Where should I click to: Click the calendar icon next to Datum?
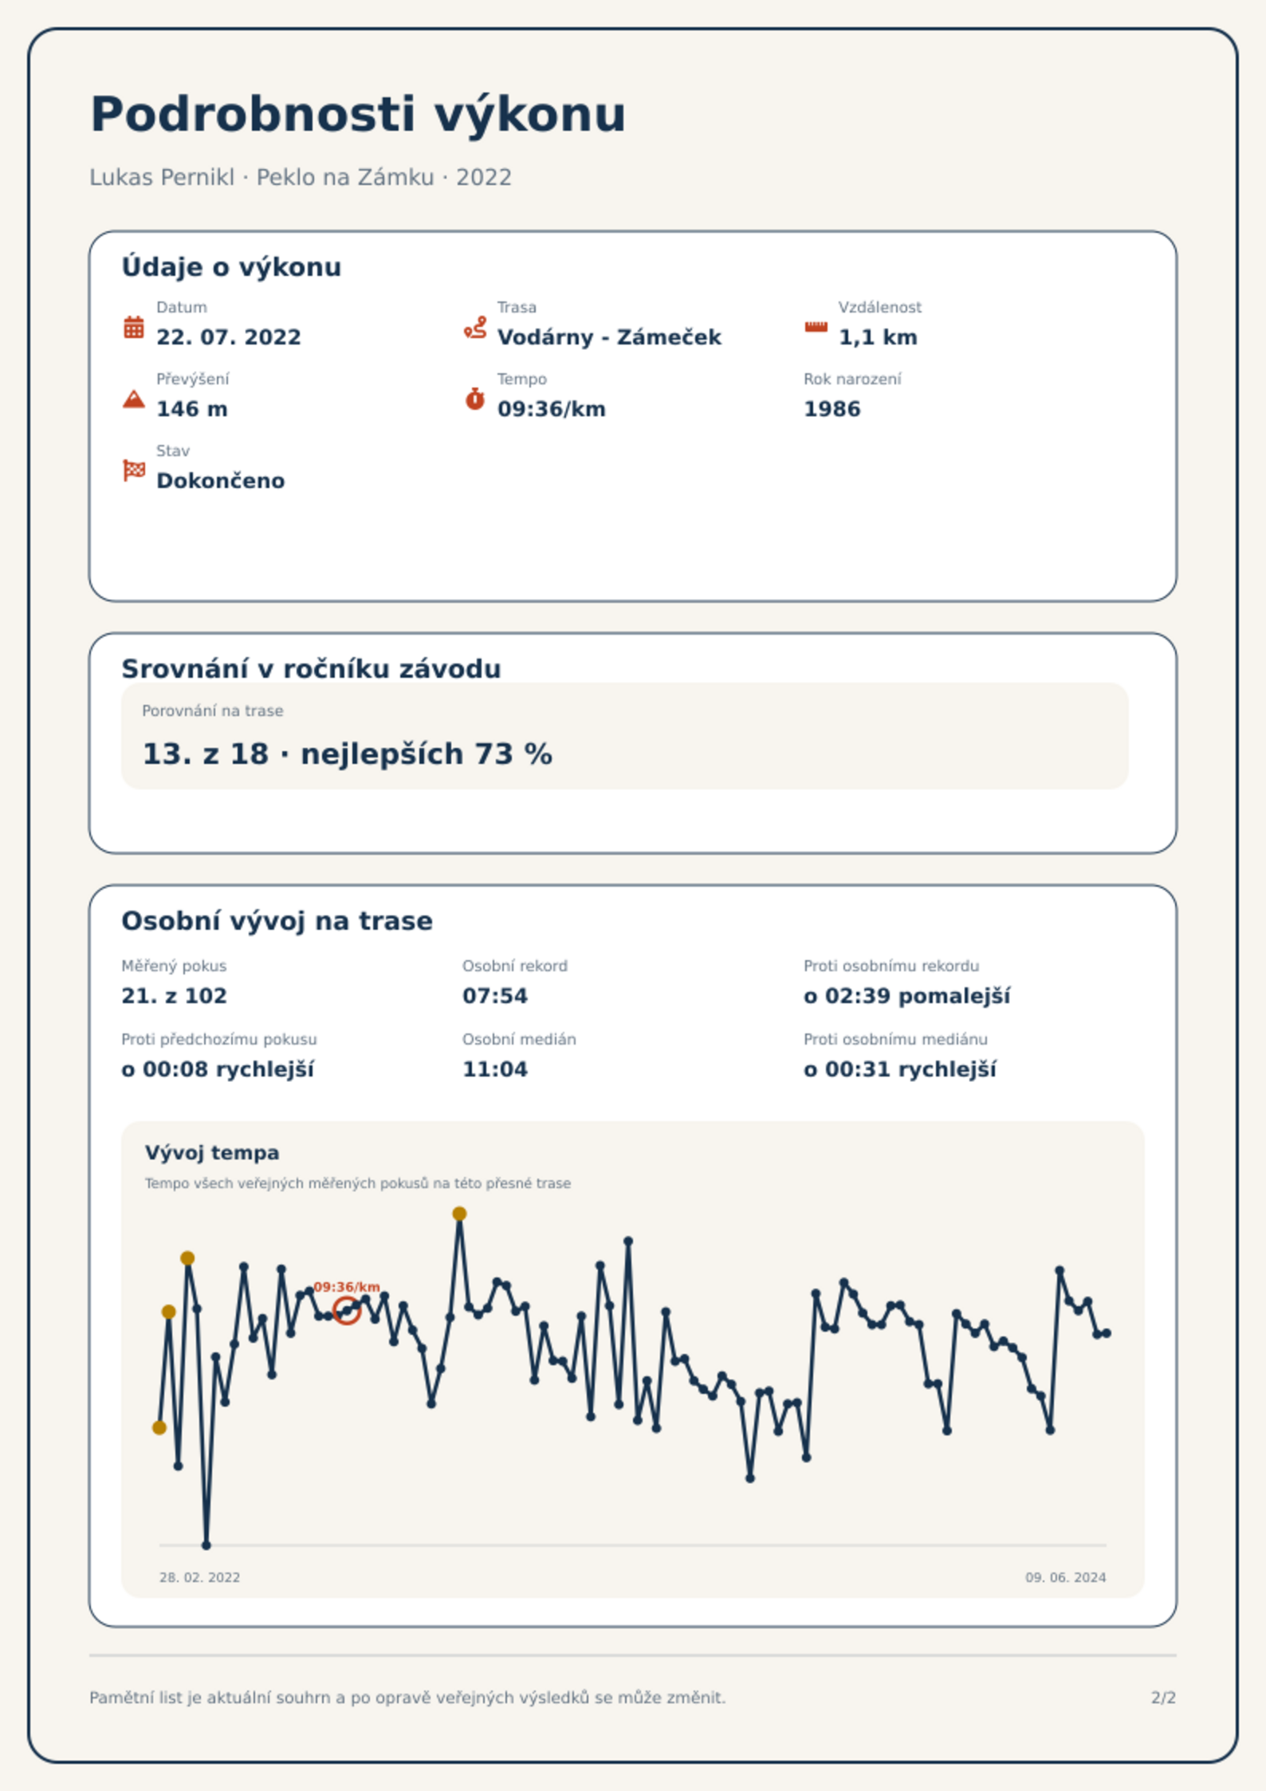click(134, 327)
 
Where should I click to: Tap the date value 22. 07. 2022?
click(229, 337)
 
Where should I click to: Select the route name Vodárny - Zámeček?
click(609, 337)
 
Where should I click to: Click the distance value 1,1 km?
click(878, 337)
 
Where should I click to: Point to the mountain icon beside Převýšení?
click(134, 399)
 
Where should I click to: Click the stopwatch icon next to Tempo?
click(475, 399)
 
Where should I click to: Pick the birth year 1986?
click(832, 409)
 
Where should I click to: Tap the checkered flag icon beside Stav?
click(134, 470)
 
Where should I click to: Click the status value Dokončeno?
click(221, 481)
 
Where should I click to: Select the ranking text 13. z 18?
click(206, 754)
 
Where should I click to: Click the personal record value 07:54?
click(495, 996)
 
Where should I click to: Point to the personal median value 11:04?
click(495, 1069)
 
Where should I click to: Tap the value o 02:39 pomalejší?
click(907, 996)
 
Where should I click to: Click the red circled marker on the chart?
click(346, 1310)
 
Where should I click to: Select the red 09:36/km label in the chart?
click(347, 1287)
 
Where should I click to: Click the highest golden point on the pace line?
click(459, 1214)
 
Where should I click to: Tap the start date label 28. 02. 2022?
click(199, 1577)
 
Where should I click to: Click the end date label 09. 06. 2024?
click(1066, 1577)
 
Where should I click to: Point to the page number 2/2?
click(1164, 1698)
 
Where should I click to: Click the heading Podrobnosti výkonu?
click(358, 114)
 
